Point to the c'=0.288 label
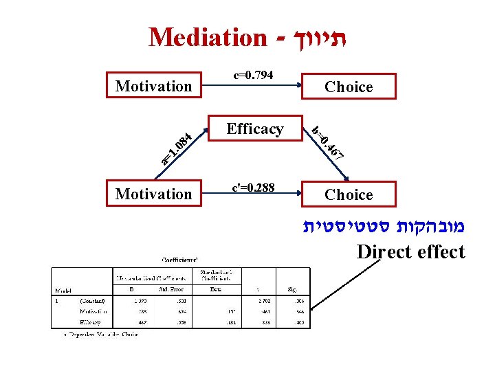point(254,186)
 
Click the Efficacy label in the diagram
point(255,129)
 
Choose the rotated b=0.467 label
point(327,143)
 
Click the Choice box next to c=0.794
point(349,87)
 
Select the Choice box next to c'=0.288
point(349,195)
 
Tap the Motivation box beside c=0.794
point(154,86)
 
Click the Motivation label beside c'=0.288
point(154,194)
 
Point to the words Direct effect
point(410,252)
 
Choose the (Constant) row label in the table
point(92,300)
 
